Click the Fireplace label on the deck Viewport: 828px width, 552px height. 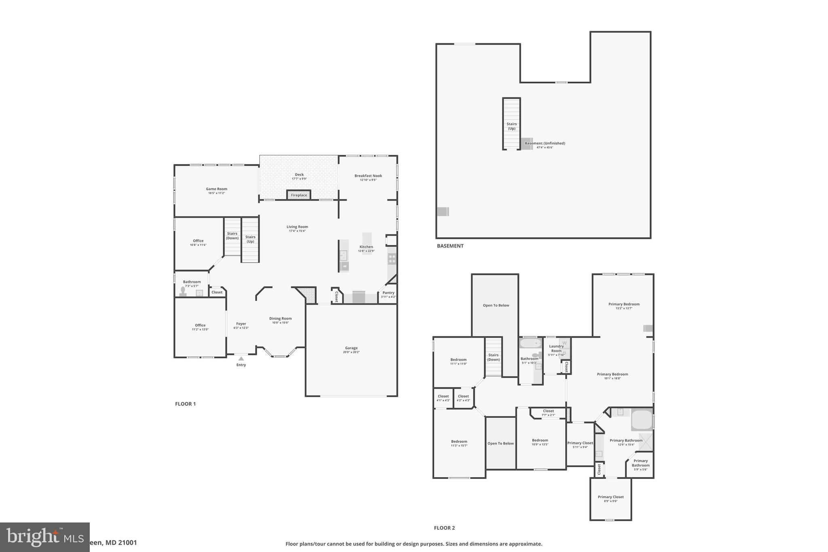click(x=299, y=195)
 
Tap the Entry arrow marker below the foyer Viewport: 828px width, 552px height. click(x=241, y=359)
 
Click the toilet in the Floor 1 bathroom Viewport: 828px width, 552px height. click(x=183, y=292)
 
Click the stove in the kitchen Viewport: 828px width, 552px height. click(x=392, y=259)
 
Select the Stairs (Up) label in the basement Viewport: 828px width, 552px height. click(x=511, y=126)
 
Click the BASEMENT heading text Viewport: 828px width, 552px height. click(x=450, y=246)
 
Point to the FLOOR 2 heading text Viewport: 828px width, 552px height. click(x=444, y=528)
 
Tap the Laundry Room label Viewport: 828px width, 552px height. click(x=556, y=349)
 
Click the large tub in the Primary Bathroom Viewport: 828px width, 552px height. click(x=642, y=420)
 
